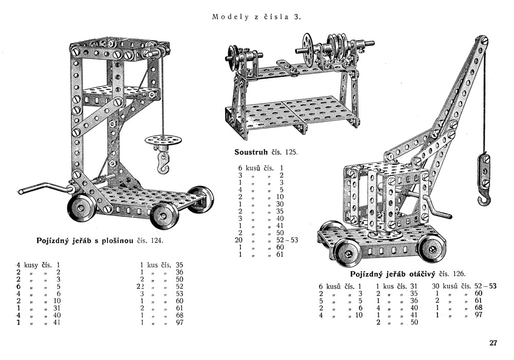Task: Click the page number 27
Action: coord(493,343)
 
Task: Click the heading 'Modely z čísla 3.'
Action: coord(256,17)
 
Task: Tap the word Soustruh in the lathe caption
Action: coord(251,152)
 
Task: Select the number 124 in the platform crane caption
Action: coord(157,241)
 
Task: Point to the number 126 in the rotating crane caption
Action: coord(458,274)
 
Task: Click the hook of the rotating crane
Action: coord(484,199)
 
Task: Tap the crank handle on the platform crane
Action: coord(46,188)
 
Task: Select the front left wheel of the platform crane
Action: coord(82,208)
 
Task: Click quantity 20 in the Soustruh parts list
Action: coord(238,240)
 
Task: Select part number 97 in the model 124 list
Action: coord(179,322)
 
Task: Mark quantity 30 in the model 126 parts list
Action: coord(436,286)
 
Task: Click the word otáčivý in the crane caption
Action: coord(421,274)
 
